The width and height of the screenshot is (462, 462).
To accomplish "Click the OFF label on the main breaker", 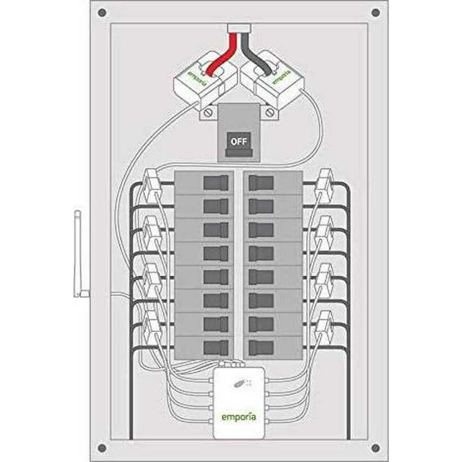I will tap(238, 141).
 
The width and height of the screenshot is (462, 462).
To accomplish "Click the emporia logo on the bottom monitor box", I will tap(239, 417).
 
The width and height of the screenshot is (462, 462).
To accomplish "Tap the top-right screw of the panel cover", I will tap(376, 13).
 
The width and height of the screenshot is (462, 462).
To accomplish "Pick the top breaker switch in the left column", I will tap(215, 182).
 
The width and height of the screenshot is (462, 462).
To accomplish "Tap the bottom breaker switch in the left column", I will tap(215, 346).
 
